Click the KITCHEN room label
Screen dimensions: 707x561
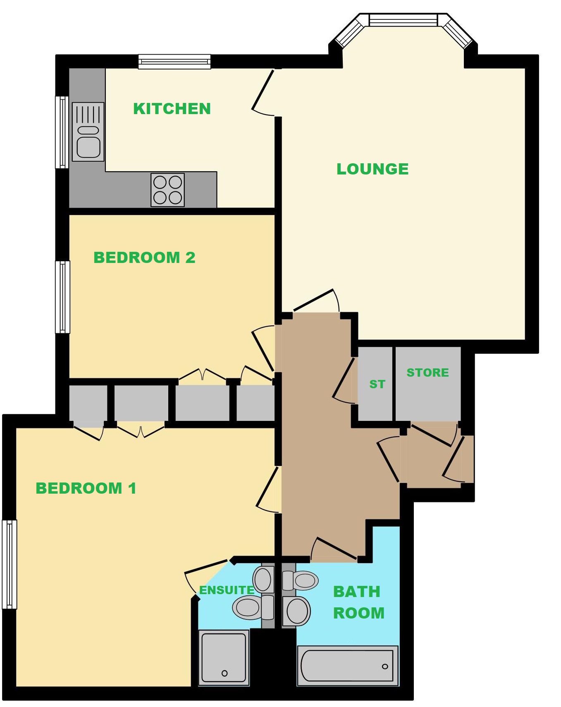click(172, 109)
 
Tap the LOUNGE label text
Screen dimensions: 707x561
click(372, 169)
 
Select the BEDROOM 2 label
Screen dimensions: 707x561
click(144, 258)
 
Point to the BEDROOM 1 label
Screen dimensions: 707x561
click(86, 488)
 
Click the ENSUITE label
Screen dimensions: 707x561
click(227, 590)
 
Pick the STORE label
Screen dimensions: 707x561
click(427, 373)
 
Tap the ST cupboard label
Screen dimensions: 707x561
click(377, 384)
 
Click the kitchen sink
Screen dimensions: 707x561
click(88, 132)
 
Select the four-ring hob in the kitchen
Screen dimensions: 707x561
click(167, 190)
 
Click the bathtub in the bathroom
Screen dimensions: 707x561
click(347, 665)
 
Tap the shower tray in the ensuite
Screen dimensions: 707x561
click(224, 657)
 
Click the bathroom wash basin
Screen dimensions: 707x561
click(296, 611)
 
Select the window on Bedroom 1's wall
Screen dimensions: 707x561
click(9, 564)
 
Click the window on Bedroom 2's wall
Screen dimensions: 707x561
click(62, 297)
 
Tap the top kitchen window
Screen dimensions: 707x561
click(174, 62)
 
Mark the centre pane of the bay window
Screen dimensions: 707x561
click(403, 20)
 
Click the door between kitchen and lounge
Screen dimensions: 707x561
click(263, 92)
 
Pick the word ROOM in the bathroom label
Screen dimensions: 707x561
click(359, 613)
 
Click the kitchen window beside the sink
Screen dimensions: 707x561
click(62, 132)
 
